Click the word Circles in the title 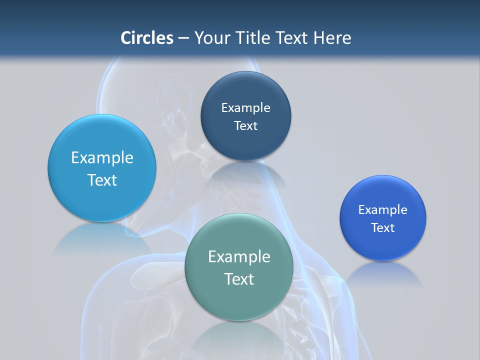[x=147, y=38]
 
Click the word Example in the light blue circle [x=102, y=157]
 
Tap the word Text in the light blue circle [x=102, y=180]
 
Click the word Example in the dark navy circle [x=245, y=107]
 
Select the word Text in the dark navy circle [x=245, y=125]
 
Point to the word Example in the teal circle [x=238, y=256]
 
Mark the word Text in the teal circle [x=238, y=279]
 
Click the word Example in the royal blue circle [x=383, y=209]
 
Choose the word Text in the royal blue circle [x=383, y=227]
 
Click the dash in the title [x=183, y=38]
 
